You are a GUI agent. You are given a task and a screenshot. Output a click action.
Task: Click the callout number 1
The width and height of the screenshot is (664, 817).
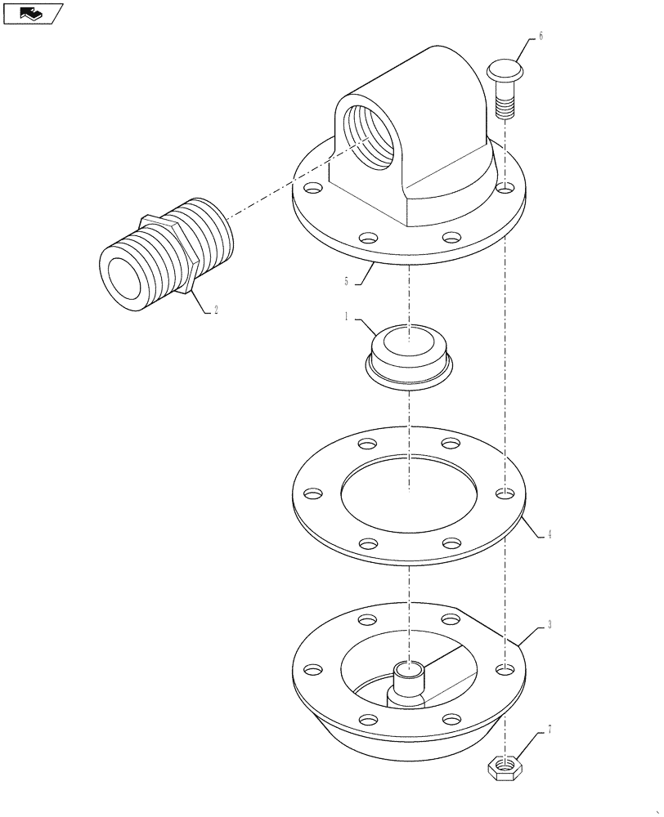tap(347, 315)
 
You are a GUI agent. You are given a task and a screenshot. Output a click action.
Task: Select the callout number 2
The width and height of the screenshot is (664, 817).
tap(215, 310)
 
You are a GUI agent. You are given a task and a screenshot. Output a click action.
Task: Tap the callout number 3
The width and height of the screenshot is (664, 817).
tap(550, 624)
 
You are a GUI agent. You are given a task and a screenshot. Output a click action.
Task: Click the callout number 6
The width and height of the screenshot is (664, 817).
tap(541, 38)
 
